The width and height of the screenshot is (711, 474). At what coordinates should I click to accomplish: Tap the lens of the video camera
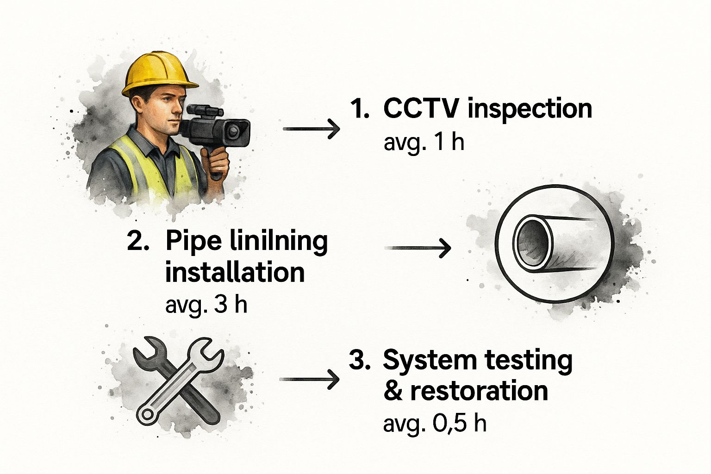click(234, 131)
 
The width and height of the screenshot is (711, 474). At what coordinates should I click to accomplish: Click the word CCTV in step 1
click(421, 109)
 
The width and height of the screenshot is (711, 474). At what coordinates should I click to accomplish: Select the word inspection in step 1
click(530, 110)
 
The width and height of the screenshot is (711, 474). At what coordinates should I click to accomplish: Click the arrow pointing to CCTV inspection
click(311, 129)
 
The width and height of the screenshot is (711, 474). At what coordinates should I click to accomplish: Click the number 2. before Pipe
click(138, 241)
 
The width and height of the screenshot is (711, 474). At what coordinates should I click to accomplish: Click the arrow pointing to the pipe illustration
click(418, 248)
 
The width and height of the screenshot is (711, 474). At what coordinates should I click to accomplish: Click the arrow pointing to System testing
click(309, 379)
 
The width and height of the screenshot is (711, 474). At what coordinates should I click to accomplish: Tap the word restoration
click(479, 391)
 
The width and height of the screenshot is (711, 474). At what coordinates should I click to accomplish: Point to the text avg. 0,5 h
click(435, 424)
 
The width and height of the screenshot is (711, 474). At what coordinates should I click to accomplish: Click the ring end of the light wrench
click(147, 414)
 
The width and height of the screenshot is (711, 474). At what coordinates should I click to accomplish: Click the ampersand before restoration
click(393, 391)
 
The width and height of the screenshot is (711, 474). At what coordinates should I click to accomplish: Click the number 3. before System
click(360, 360)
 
